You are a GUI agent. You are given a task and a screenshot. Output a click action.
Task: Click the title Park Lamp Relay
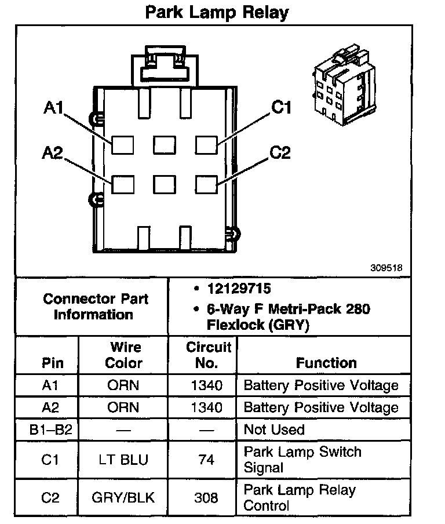(x=217, y=12)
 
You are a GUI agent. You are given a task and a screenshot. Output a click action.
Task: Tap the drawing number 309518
(x=386, y=268)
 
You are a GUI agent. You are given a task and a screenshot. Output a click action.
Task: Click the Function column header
(x=326, y=363)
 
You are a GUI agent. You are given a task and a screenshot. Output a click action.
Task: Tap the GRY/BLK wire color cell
(x=123, y=497)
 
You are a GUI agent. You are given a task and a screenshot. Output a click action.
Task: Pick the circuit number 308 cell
(x=207, y=497)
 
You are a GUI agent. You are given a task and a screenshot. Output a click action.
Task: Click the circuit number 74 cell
(x=207, y=460)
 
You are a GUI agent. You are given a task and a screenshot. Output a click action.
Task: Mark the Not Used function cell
(x=274, y=430)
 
